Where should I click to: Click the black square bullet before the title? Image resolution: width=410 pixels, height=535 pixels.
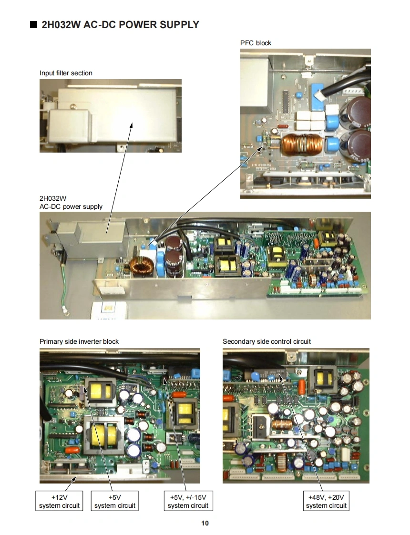[33, 25]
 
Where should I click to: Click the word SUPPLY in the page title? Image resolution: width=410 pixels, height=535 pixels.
[177, 25]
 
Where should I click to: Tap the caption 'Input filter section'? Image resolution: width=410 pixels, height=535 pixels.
[66, 73]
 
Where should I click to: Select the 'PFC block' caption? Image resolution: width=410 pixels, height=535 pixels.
[256, 43]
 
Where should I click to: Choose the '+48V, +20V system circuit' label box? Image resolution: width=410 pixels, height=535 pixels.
[327, 501]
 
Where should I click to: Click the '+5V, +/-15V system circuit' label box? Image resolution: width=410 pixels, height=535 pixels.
[188, 501]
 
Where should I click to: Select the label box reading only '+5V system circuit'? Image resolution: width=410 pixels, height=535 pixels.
[114, 501]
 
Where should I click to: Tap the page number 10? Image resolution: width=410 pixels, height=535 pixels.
[205, 523]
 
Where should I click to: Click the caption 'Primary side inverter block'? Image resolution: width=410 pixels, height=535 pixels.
[79, 341]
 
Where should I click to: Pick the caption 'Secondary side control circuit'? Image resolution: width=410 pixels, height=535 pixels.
[266, 341]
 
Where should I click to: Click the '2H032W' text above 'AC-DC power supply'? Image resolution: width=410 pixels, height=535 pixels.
[52, 198]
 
